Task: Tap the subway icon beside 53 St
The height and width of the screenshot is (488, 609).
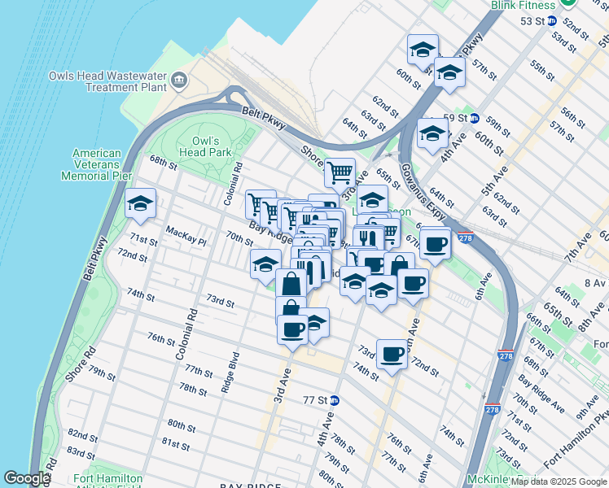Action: point(552,20)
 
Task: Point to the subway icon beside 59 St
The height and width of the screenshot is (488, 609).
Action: point(474,118)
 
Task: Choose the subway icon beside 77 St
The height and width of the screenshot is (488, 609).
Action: point(334,400)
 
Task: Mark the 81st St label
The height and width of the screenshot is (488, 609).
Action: point(175,444)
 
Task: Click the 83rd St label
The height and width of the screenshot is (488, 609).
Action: point(81,452)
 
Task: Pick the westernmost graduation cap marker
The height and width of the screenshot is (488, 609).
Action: point(140,203)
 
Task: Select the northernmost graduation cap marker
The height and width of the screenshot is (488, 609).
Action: point(423,48)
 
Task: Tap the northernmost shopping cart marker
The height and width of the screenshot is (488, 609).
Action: point(340,172)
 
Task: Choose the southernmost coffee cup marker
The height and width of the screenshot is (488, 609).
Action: point(392,353)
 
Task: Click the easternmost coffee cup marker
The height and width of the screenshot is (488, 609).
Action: point(436,243)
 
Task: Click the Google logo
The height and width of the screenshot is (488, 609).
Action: point(26,479)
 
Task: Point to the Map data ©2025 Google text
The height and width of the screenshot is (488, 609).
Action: point(559,481)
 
